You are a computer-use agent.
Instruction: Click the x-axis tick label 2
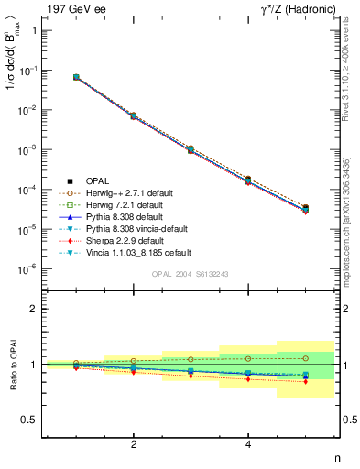[134, 445]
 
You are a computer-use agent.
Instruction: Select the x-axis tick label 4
[248, 445]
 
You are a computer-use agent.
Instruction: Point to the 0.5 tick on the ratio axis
[29, 420]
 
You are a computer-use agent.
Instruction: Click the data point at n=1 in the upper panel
[76, 77]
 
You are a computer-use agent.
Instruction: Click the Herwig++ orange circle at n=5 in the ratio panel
[306, 358]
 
